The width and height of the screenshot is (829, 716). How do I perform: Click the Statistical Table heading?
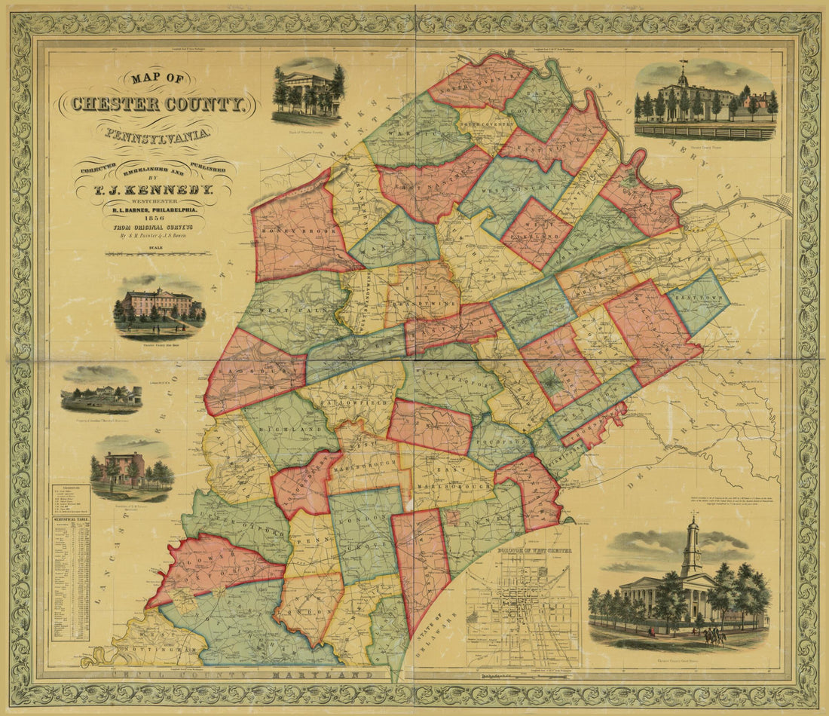click(x=70, y=521)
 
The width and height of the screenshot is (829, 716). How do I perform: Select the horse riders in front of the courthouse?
click(x=713, y=638)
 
